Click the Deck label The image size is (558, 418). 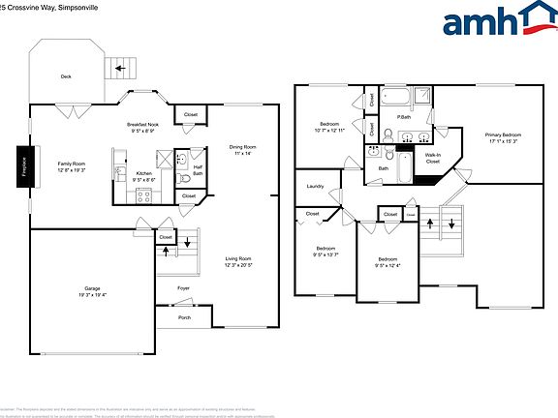pos(66,76)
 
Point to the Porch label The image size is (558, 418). pos(184,318)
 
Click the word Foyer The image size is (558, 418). pos(183,287)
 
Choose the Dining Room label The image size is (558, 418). pos(242,149)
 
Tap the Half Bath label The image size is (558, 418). pos(198,170)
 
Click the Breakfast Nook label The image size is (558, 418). pos(143,127)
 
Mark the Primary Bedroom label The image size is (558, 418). pos(504,136)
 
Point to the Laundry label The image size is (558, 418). pos(315,186)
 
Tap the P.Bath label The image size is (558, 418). pos(403,117)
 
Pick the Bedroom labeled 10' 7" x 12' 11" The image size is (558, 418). pos(330,127)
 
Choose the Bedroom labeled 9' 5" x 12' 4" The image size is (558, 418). pos(387,262)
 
